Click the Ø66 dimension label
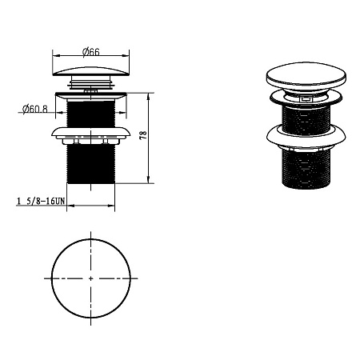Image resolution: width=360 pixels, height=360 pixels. pyautogui.click(x=91, y=52)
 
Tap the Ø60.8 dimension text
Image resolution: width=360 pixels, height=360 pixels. pyautogui.click(x=35, y=109)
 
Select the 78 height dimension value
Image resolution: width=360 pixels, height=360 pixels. pyautogui.click(x=143, y=135)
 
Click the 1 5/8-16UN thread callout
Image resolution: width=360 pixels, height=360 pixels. pyautogui.click(x=41, y=201)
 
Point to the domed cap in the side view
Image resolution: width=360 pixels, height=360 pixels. pyautogui.click(x=91, y=71)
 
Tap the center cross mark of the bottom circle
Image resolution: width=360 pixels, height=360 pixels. pyautogui.click(x=91, y=278)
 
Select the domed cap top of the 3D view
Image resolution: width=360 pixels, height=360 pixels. pyautogui.click(x=306, y=76)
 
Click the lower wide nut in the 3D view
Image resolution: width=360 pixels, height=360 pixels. pyautogui.click(x=306, y=137)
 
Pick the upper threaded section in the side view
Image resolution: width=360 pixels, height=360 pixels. pyautogui.click(x=91, y=114)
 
